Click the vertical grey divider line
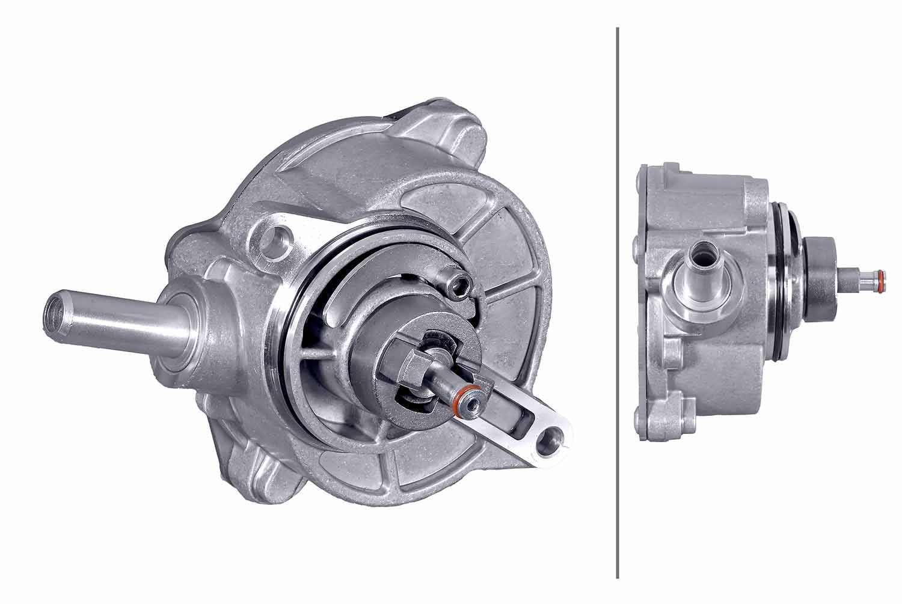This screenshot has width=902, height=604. pos(618,300)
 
